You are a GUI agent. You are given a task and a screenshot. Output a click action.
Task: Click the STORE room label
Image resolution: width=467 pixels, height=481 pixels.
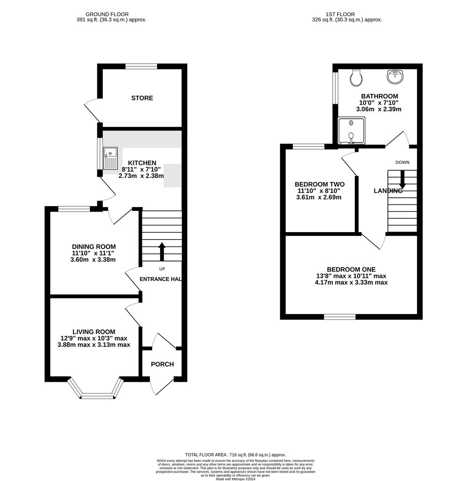pos(142,98)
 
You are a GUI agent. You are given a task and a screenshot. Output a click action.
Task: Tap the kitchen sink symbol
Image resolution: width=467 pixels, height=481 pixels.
pos(110,158)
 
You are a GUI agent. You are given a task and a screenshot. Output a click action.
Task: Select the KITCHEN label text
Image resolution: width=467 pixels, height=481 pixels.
pos(142,163)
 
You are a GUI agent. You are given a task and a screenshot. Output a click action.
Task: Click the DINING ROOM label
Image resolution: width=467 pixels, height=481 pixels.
pos(94,247)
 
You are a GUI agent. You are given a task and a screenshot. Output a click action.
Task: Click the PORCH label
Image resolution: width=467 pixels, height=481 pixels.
pos(162,364)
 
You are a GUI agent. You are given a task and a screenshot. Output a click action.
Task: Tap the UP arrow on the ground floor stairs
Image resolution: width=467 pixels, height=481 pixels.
pos(161,252)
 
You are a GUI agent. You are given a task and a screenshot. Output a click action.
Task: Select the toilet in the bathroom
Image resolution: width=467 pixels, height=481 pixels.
pos(356,78)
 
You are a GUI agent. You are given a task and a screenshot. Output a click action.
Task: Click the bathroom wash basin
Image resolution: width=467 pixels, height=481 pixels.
pos(395,77)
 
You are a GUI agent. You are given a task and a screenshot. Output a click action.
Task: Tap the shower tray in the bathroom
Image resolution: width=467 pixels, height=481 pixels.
pos(351,131)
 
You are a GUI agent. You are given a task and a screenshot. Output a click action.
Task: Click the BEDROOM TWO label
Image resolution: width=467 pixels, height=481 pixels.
pos(319,184)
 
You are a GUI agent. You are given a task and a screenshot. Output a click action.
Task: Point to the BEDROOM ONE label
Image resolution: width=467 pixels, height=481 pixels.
pos(351,269)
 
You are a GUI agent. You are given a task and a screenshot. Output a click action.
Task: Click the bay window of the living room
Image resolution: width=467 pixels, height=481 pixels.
pos(97,394)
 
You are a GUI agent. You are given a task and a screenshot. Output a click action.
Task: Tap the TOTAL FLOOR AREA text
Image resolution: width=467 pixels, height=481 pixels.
pos(235,455)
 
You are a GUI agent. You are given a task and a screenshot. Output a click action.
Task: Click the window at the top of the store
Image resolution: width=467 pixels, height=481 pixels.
pos(141,67)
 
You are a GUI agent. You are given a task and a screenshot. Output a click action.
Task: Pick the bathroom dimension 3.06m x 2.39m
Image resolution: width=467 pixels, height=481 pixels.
pos(379,109)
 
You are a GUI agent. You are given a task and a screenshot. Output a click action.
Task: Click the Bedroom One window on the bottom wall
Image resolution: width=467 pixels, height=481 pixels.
pos(340,317)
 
